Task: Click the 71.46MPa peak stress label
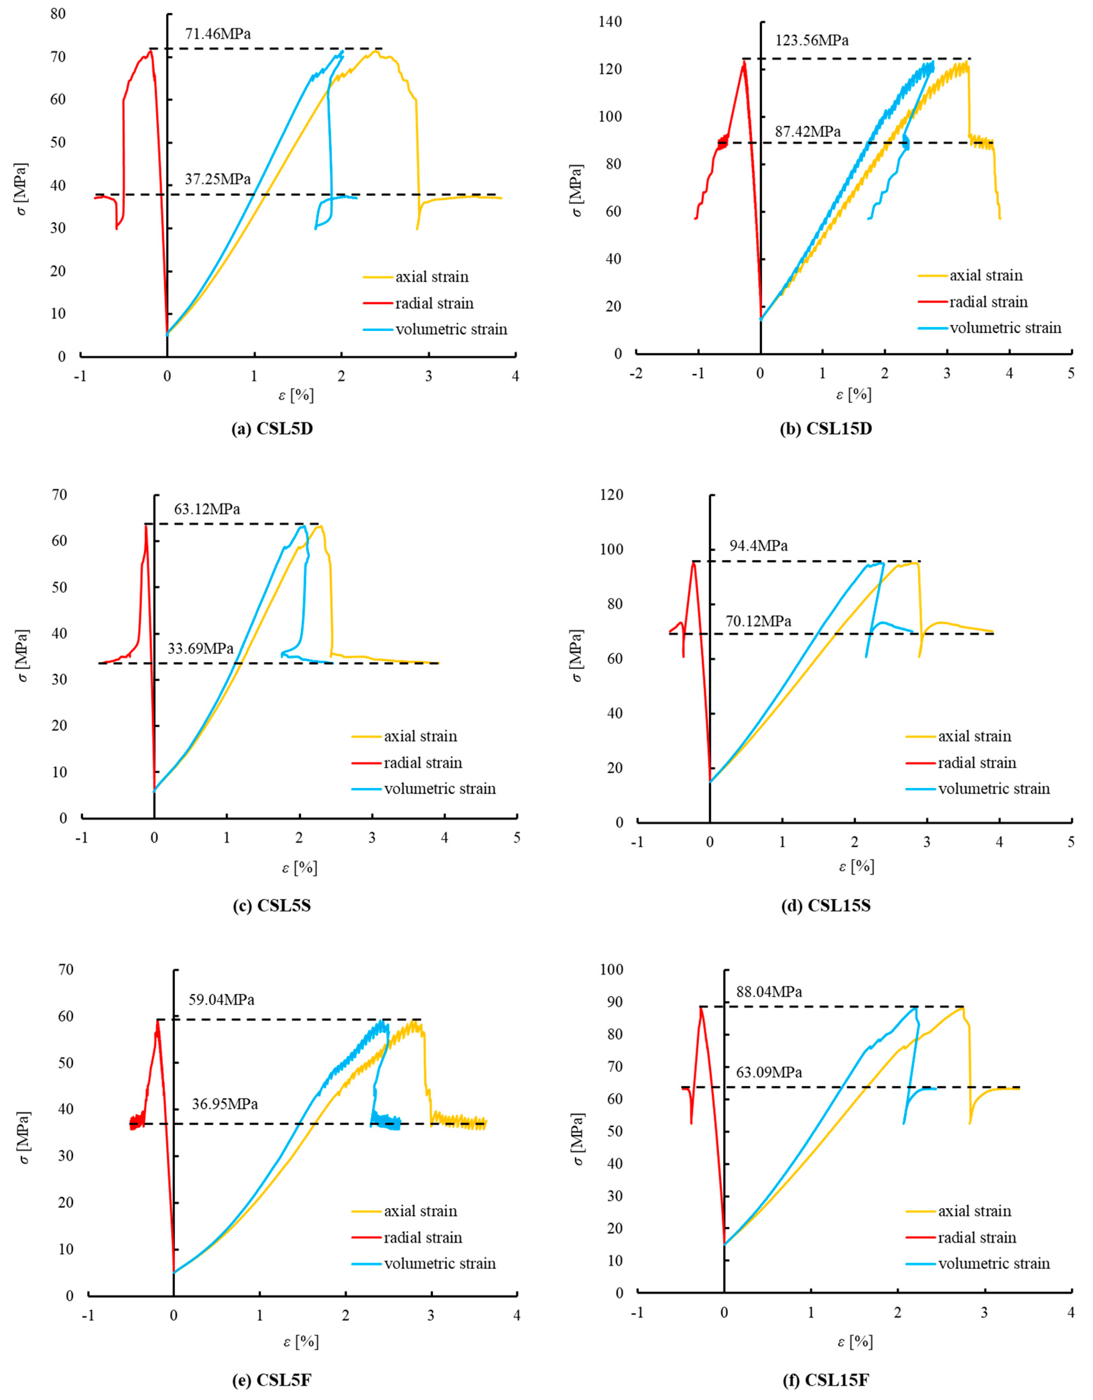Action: (x=218, y=34)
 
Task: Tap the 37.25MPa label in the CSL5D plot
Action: (x=218, y=180)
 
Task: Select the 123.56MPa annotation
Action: (x=812, y=41)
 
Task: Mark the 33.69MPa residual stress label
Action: (x=201, y=648)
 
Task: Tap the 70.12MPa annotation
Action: (x=758, y=621)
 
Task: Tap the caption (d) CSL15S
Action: (x=826, y=906)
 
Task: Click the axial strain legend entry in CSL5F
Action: (x=420, y=1211)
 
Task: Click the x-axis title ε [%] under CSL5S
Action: (x=299, y=868)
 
